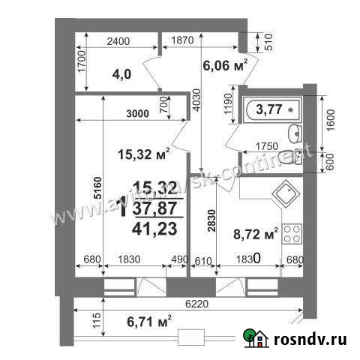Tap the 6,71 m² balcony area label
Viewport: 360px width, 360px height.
(144, 322)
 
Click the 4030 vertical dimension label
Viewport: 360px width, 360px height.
(196, 109)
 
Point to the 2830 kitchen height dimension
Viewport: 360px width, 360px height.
(212, 221)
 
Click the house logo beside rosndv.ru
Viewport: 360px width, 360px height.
(256, 339)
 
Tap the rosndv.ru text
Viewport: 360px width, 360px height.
(310, 340)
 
